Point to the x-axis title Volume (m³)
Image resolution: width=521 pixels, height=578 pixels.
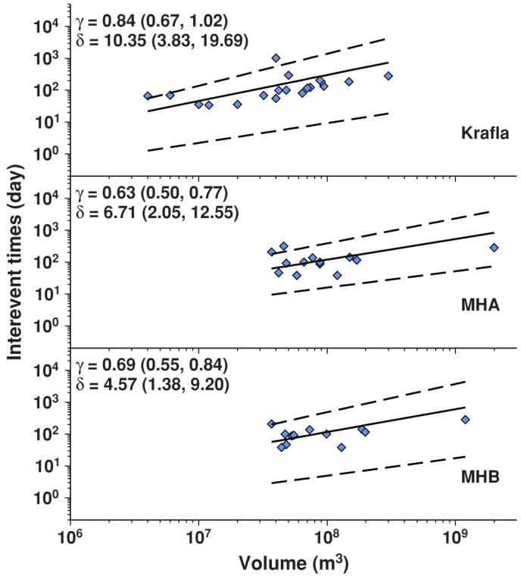[x=293, y=564]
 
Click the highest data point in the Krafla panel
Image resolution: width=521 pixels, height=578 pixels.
[x=276, y=58]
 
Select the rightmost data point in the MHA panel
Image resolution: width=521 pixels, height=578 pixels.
[x=494, y=248]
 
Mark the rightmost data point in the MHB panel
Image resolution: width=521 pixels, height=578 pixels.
[x=465, y=420]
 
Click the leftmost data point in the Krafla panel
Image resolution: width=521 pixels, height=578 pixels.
[x=148, y=96]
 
